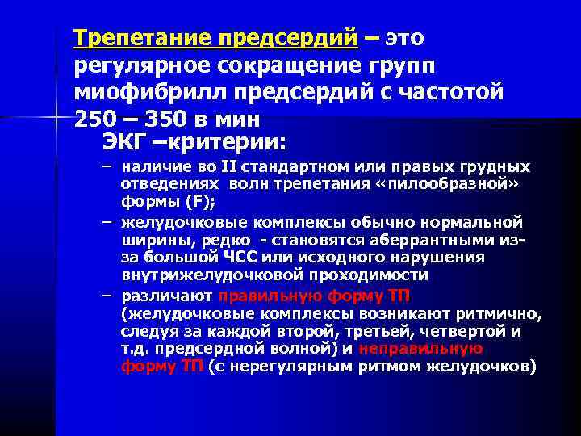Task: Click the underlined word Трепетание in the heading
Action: point(134,38)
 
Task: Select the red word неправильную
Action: point(420,349)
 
